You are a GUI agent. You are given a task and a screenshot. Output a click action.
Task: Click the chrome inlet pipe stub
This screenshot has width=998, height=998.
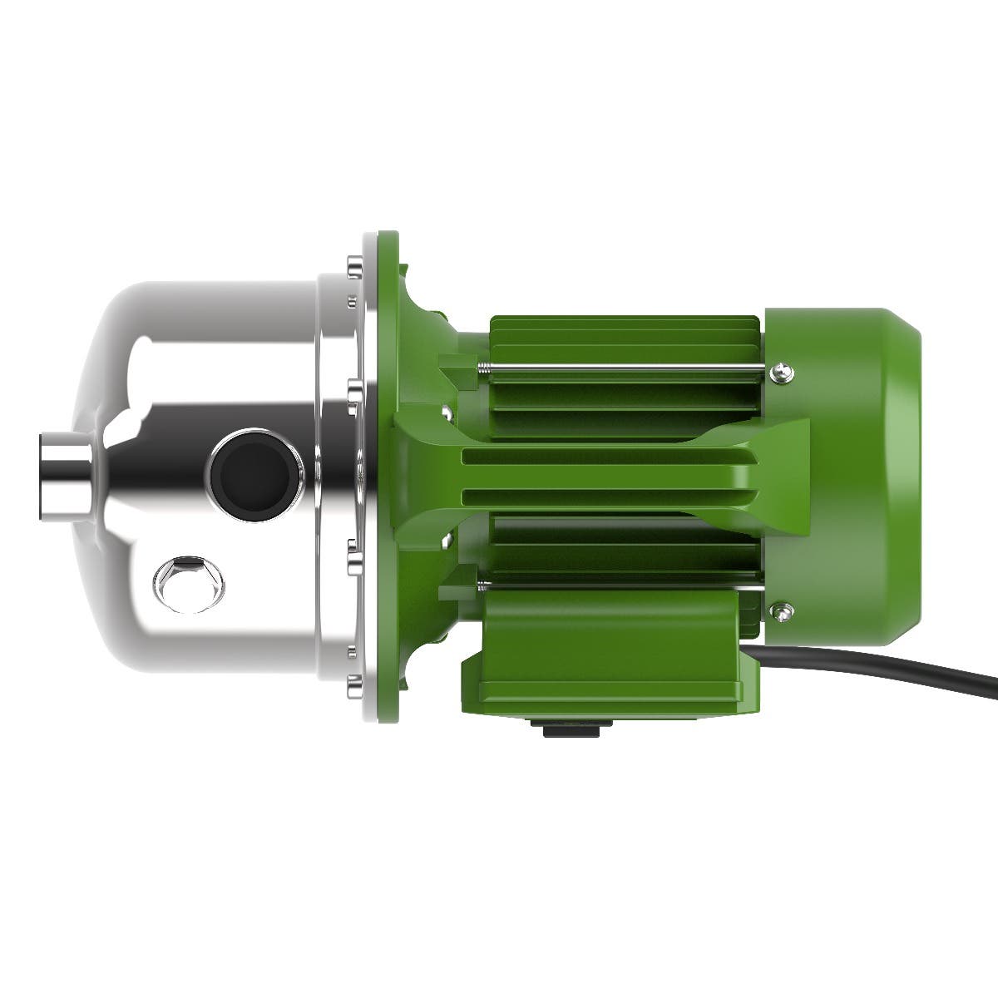62,465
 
